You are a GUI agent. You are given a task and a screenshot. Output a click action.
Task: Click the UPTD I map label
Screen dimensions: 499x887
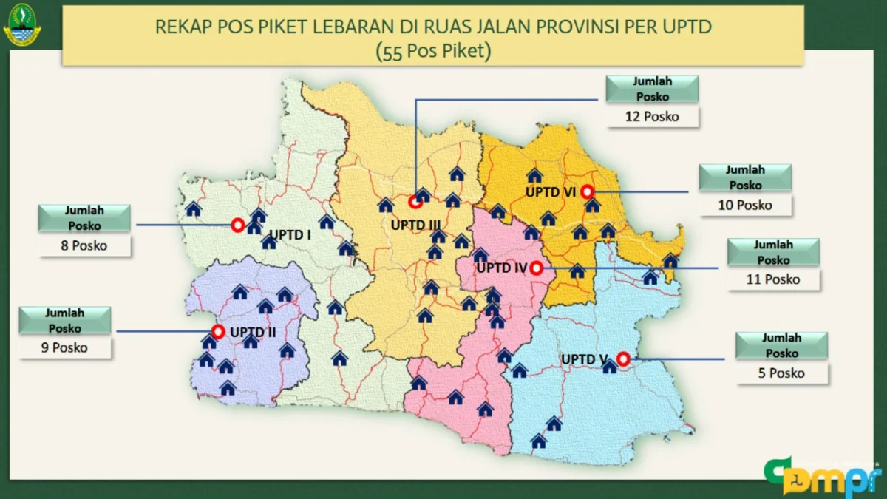point(290,235)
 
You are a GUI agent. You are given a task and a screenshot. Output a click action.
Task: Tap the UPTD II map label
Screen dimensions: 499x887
point(253,332)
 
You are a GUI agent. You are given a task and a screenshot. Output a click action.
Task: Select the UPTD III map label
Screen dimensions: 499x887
point(416,224)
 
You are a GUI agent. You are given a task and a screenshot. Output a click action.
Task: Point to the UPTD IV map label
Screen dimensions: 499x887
point(501,268)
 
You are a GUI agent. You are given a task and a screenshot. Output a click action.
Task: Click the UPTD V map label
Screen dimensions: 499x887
point(584,359)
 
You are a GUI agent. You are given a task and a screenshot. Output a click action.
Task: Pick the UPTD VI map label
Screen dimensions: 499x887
point(550,191)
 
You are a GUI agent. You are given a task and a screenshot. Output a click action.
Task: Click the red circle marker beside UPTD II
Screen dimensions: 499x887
point(217,331)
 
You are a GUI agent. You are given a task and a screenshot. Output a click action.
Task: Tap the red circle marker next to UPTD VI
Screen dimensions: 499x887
point(588,191)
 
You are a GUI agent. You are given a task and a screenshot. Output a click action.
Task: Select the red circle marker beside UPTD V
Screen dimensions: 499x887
point(623,359)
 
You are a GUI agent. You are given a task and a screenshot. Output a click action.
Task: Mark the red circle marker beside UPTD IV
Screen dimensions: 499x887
point(537,268)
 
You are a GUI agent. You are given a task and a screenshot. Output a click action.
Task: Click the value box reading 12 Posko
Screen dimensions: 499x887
point(652,116)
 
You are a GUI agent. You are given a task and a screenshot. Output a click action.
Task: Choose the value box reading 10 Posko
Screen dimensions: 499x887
point(745,205)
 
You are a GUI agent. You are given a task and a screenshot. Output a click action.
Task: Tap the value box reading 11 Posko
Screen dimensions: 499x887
point(773,279)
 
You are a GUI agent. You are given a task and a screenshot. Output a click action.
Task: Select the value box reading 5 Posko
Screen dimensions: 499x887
point(781,373)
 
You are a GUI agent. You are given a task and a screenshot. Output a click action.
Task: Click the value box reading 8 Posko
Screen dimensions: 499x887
point(85,245)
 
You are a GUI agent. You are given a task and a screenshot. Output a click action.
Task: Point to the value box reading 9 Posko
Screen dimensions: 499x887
point(65,347)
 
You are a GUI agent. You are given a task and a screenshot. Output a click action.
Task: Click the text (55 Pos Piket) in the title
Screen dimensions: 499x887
point(433,51)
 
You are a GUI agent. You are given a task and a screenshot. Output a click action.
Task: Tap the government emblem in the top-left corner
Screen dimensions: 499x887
point(22,27)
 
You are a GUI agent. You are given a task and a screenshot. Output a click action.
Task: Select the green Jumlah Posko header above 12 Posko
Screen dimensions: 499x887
point(651,89)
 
